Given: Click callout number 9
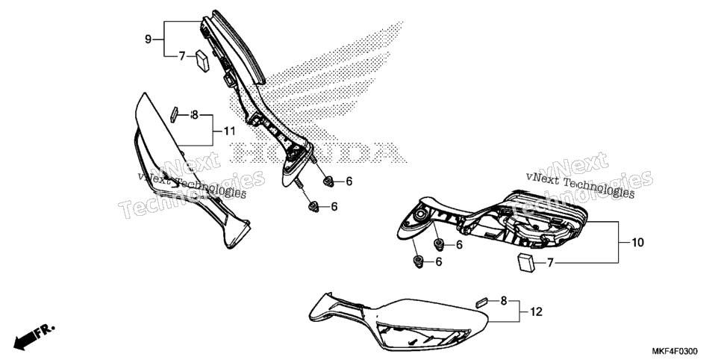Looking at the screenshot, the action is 148,39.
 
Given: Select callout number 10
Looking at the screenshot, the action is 637,242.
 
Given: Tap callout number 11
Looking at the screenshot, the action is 229,131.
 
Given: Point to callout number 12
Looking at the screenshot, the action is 536,312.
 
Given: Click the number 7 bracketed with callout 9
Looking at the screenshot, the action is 182,56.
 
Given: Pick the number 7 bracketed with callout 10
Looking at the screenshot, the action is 550,263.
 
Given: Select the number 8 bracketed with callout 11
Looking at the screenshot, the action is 195,114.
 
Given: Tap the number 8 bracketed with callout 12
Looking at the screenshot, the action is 504,301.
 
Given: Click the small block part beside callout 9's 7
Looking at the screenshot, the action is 202,60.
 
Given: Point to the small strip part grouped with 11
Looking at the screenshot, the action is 174,114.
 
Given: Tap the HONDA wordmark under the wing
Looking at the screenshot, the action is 318,152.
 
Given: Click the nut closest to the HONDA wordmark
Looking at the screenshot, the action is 328,181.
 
